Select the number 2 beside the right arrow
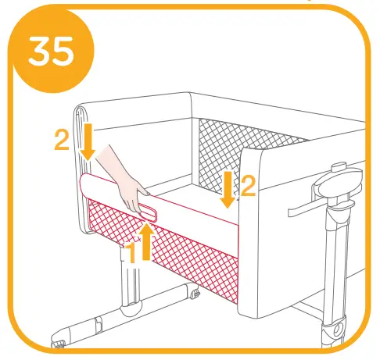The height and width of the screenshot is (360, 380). click(249, 186)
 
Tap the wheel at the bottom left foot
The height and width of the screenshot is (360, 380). click(58, 342)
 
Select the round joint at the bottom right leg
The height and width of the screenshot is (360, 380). click(335, 330)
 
